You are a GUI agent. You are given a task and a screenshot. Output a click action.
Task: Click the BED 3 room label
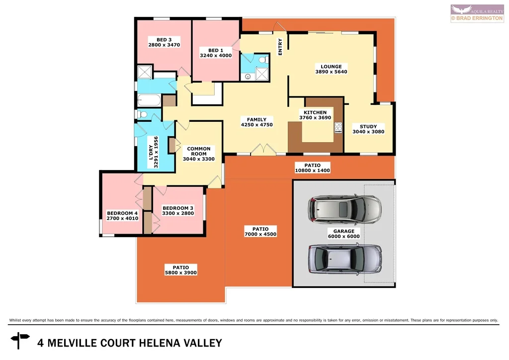tap(164, 40)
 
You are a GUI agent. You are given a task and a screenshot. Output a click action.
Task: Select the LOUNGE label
tap(331, 66)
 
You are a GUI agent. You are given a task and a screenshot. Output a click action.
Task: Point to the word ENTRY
tap(280, 47)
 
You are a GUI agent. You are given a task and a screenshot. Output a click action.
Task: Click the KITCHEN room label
tap(315, 112)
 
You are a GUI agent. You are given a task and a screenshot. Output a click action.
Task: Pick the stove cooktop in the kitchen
tap(339, 128)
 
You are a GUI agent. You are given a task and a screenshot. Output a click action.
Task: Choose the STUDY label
tap(368, 126)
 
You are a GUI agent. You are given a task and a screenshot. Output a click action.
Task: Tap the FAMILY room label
tap(256, 119)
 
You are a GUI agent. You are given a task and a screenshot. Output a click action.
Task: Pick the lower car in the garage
tap(343, 259)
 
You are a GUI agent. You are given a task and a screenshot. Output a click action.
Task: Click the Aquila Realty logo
tap(478, 13)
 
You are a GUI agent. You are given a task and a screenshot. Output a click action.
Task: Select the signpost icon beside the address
tap(21, 343)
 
